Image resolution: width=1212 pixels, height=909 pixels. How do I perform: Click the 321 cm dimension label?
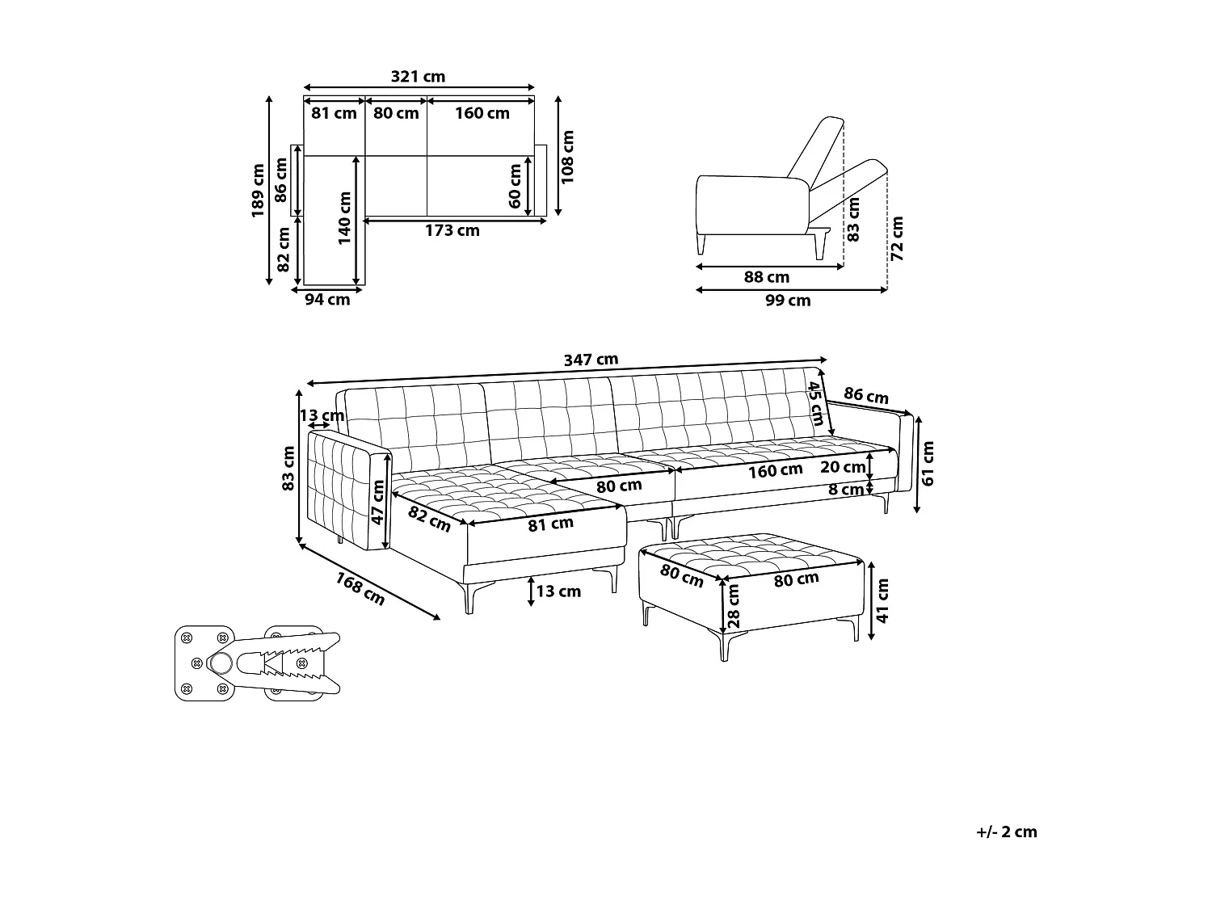(418, 77)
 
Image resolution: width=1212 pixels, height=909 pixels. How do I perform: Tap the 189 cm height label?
(258, 191)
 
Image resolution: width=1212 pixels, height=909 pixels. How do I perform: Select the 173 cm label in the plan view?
(452, 231)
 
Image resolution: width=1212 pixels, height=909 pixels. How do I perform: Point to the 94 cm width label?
(327, 300)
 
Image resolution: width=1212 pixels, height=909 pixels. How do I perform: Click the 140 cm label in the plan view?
(345, 218)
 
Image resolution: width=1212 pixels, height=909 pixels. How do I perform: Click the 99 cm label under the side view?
(788, 301)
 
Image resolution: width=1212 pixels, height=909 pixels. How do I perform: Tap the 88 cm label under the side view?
(767, 278)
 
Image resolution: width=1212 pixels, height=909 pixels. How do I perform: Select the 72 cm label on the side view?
(897, 238)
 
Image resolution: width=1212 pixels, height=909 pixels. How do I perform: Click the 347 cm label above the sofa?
(591, 360)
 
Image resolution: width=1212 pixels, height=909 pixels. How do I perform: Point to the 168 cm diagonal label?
(360, 589)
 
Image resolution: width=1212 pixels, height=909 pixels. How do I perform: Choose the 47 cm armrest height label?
(377, 503)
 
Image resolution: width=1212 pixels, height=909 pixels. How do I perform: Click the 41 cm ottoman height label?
(883, 600)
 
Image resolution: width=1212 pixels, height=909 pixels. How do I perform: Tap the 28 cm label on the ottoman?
(734, 606)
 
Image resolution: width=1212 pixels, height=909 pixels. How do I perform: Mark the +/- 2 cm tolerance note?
(1006, 832)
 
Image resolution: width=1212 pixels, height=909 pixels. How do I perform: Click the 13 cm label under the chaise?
(558, 591)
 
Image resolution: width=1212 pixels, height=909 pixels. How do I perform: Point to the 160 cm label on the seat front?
(775, 471)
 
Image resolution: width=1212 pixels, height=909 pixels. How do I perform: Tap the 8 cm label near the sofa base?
(846, 490)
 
